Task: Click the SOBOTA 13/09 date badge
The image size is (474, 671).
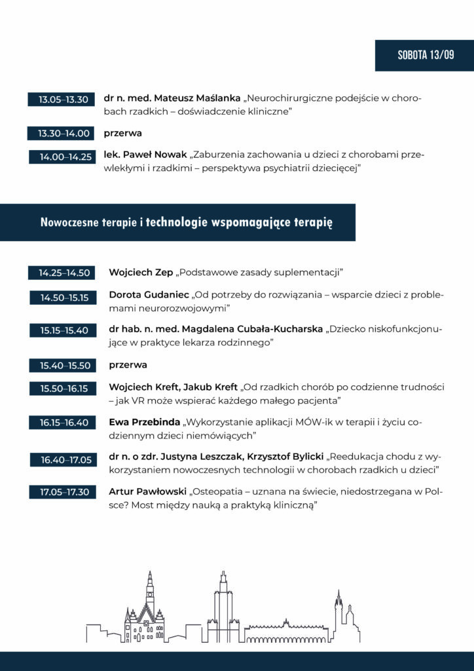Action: coord(425,55)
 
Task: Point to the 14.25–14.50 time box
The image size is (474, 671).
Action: coord(64,273)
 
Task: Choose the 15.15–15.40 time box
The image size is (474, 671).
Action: coord(64,330)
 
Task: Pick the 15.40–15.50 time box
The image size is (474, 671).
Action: coord(64,365)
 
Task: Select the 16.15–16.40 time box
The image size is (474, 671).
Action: coord(64,423)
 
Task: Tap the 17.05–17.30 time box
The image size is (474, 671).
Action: coord(64,491)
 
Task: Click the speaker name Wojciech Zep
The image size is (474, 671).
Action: coord(140,272)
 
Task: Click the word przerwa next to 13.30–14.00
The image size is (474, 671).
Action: coord(122,133)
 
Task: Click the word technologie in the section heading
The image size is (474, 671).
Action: coord(175,222)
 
